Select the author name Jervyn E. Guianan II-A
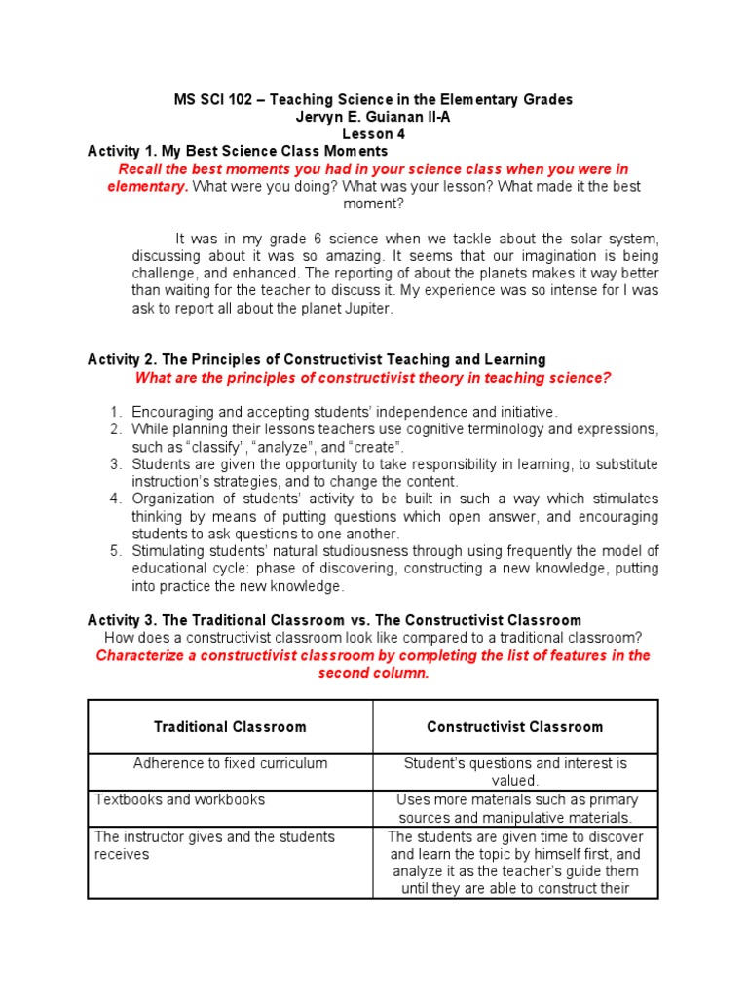(373, 116)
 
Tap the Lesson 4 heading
(373, 133)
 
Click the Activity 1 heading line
(238, 151)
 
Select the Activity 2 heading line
(317, 360)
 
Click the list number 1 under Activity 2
(114, 412)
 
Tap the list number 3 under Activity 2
(114, 464)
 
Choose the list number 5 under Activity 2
(114, 552)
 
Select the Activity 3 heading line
(334, 620)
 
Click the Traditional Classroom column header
(230, 727)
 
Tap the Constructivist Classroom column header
(515, 727)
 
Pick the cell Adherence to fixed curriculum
(230, 763)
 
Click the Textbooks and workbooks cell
(180, 799)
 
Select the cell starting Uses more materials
(515, 808)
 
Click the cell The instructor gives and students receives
(214, 845)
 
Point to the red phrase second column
(373, 673)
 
